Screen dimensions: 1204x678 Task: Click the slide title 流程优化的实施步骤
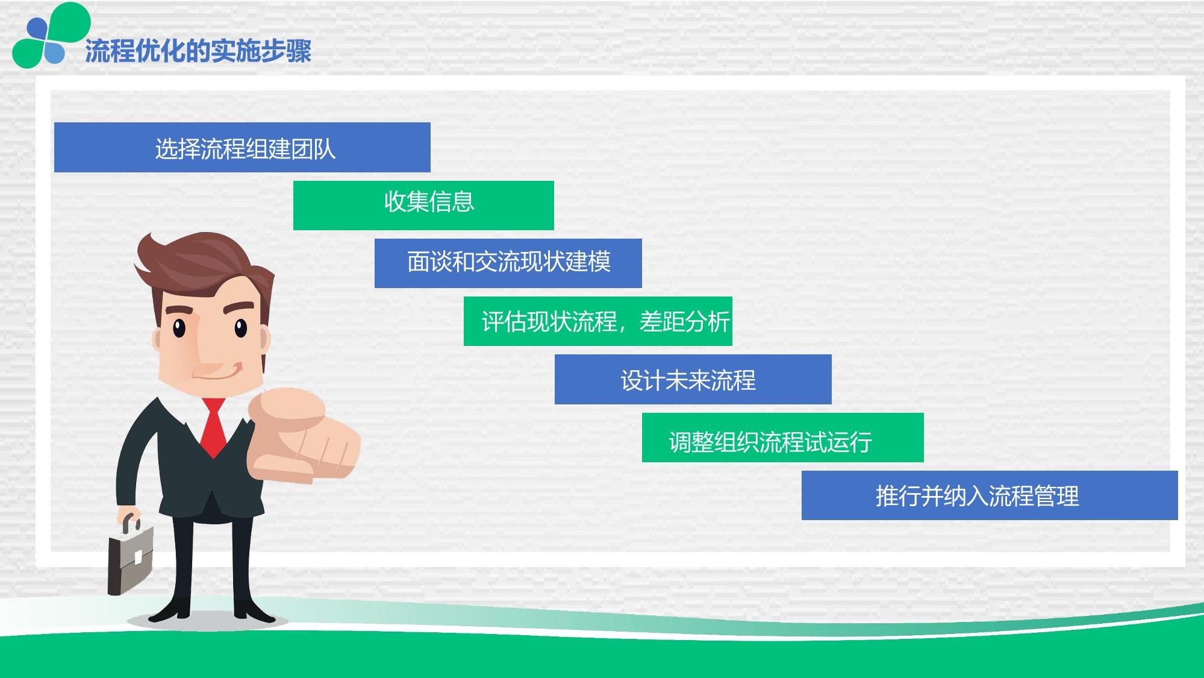pos(198,51)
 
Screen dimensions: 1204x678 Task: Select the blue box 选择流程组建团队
pos(242,147)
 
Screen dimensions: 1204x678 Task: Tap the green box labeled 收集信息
pos(423,205)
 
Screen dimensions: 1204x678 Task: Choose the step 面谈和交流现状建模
pos(508,263)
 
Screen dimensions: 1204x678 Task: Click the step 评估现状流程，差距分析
pos(598,321)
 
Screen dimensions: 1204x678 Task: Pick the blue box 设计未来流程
pos(693,379)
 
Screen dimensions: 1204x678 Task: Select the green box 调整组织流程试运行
pos(783,438)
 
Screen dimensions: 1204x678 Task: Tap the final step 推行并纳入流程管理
pos(990,495)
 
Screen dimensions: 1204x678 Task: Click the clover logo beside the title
pos(51,35)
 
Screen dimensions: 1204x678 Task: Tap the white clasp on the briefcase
pos(138,557)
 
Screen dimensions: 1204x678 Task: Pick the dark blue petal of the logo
pos(37,28)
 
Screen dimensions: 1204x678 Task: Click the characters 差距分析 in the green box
pos(685,322)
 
